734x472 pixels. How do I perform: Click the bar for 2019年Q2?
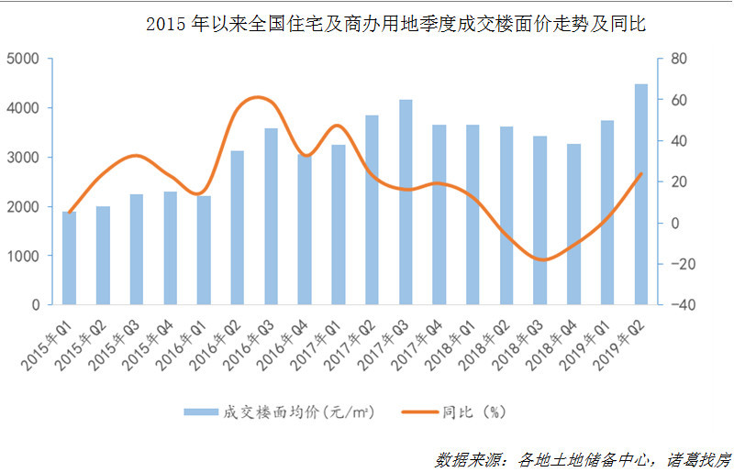point(641,194)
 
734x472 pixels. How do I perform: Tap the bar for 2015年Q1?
point(69,258)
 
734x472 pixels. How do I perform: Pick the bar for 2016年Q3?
point(271,216)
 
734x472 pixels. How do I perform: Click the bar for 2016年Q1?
point(204,249)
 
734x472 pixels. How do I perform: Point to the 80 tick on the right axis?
point(679,59)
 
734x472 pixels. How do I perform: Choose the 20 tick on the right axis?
point(679,181)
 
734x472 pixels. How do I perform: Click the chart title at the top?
point(395,25)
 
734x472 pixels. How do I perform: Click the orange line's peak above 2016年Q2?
point(258,97)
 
